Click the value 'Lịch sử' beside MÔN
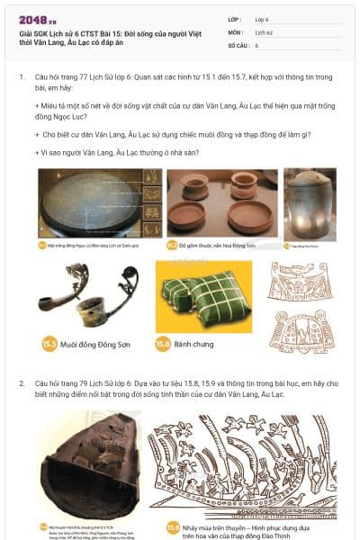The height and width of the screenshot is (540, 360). pos(263,31)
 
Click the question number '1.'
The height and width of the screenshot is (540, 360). pos(22,77)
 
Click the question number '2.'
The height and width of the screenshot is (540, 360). pos(22,382)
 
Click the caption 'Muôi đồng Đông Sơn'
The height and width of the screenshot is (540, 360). pos(97,343)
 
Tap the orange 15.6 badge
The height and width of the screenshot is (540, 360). pos(163,343)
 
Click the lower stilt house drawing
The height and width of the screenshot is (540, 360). pos(301,330)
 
